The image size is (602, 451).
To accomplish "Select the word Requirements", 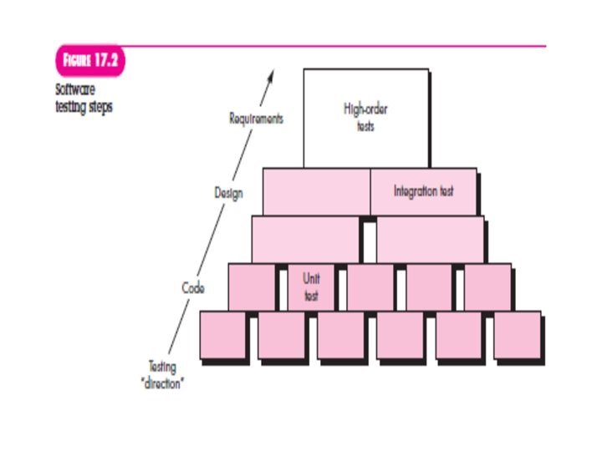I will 256,119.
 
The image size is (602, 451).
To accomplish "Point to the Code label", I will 193,287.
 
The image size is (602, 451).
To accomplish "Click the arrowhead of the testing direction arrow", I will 270,77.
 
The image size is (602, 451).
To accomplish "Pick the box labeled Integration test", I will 423,191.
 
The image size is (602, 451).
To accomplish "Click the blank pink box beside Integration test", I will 316,191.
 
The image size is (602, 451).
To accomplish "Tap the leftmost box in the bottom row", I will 223,336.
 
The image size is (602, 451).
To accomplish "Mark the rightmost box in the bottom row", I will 518,336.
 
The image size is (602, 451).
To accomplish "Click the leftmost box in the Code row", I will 252,286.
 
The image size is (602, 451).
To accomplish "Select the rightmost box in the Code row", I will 487,286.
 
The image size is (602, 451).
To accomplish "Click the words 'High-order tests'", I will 365,117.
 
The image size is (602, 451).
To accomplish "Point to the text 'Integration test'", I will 423,191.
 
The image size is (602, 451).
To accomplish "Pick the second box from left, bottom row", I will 282,336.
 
